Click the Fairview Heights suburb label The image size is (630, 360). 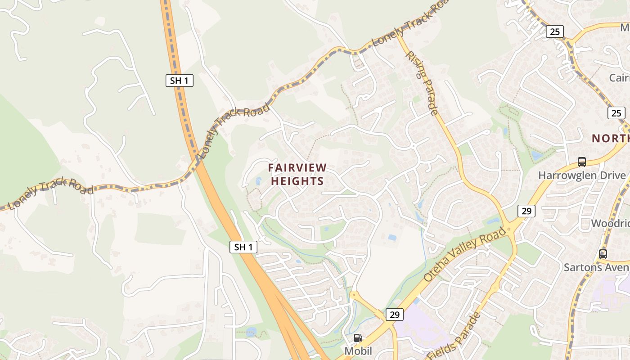tap(297, 174)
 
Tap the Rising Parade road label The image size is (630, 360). tap(422, 83)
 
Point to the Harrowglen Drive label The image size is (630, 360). tap(582, 175)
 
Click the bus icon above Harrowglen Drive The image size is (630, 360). tap(582, 162)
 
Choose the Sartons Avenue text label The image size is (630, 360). tap(596, 267)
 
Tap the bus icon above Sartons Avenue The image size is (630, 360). tap(603, 254)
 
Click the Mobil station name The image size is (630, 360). tap(358, 351)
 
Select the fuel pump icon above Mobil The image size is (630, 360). tap(358, 338)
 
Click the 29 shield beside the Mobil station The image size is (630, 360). tap(394, 315)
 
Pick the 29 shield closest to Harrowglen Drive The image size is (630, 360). tap(526, 211)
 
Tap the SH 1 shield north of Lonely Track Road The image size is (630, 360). tap(179, 81)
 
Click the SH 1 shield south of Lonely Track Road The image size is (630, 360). tap(243, 247)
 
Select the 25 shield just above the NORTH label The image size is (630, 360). tap(616, 113)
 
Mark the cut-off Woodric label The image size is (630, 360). tap(610, 223)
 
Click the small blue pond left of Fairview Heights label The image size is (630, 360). tap(258, 181)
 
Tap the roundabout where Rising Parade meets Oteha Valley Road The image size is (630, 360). tap(509, 228)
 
